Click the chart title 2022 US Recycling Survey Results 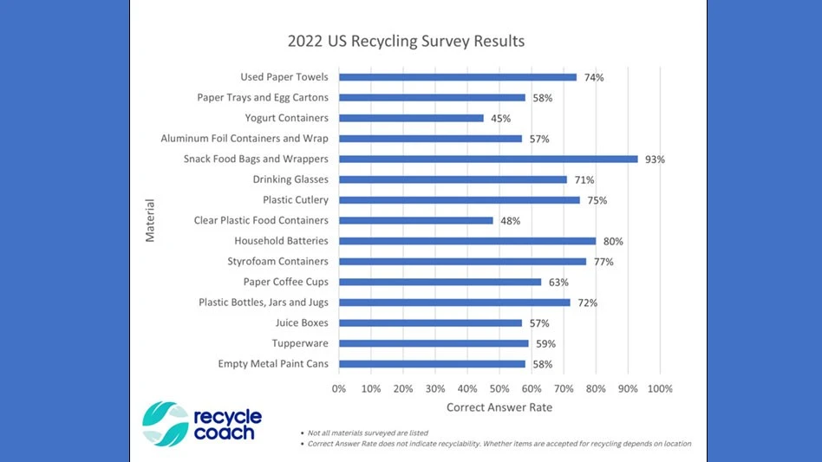tap(406, 41)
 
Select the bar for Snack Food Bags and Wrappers tap(488, 159)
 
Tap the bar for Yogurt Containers tap(411, 118)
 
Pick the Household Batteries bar tap(467, 241)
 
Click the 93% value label tap(655, 159)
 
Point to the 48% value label tap(510, 221)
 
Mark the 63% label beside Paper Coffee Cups tap(558, 282)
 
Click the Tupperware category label tap(300, 343)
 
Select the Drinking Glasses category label tap(290, 179)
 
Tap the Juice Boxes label tap(302, 322)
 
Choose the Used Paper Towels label tap(284, 77)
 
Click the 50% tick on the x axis tap(499, 388)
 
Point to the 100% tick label tap(660, 388)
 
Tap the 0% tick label tap(339, 388)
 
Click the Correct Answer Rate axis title tap(499, 407)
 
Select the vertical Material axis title tap(150, 220)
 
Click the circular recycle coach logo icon tap(165, 424)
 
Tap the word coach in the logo tap(224, 433)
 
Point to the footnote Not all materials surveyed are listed tap(368, 433)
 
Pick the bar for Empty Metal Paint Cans tap(432, 364)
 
